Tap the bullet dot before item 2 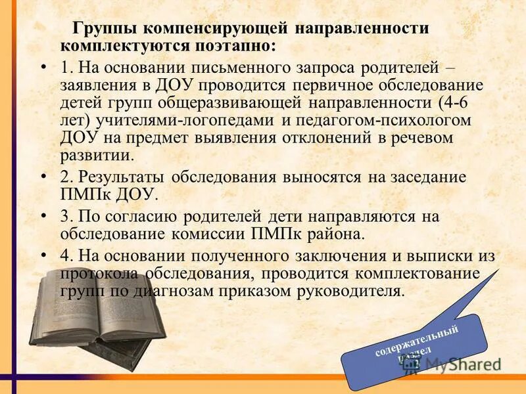pos(44,177)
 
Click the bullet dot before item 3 pos(44,217)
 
